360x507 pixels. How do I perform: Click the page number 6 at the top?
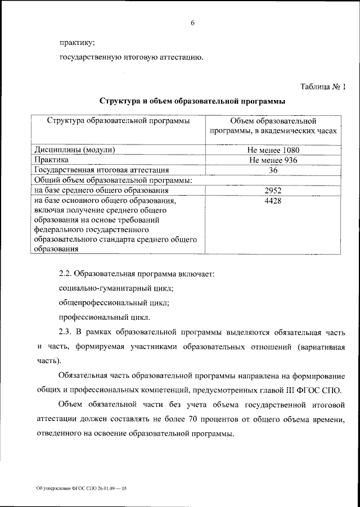coord(192,22)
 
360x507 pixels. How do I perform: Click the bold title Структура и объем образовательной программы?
coord(192,102)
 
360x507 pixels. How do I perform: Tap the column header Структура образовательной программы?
coord(118,120)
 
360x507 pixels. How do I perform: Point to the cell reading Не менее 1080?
coord(273,150)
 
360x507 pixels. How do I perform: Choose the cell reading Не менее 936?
coord(273,160)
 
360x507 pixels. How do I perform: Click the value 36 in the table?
coord(273,170)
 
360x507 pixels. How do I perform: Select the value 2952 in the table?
coord(273,190)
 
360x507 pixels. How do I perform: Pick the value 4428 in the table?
coord(273,200)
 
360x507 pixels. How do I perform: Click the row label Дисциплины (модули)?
coord(75,150)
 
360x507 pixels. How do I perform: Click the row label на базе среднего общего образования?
coord(98,190)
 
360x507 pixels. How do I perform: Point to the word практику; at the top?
coord(77,41)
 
